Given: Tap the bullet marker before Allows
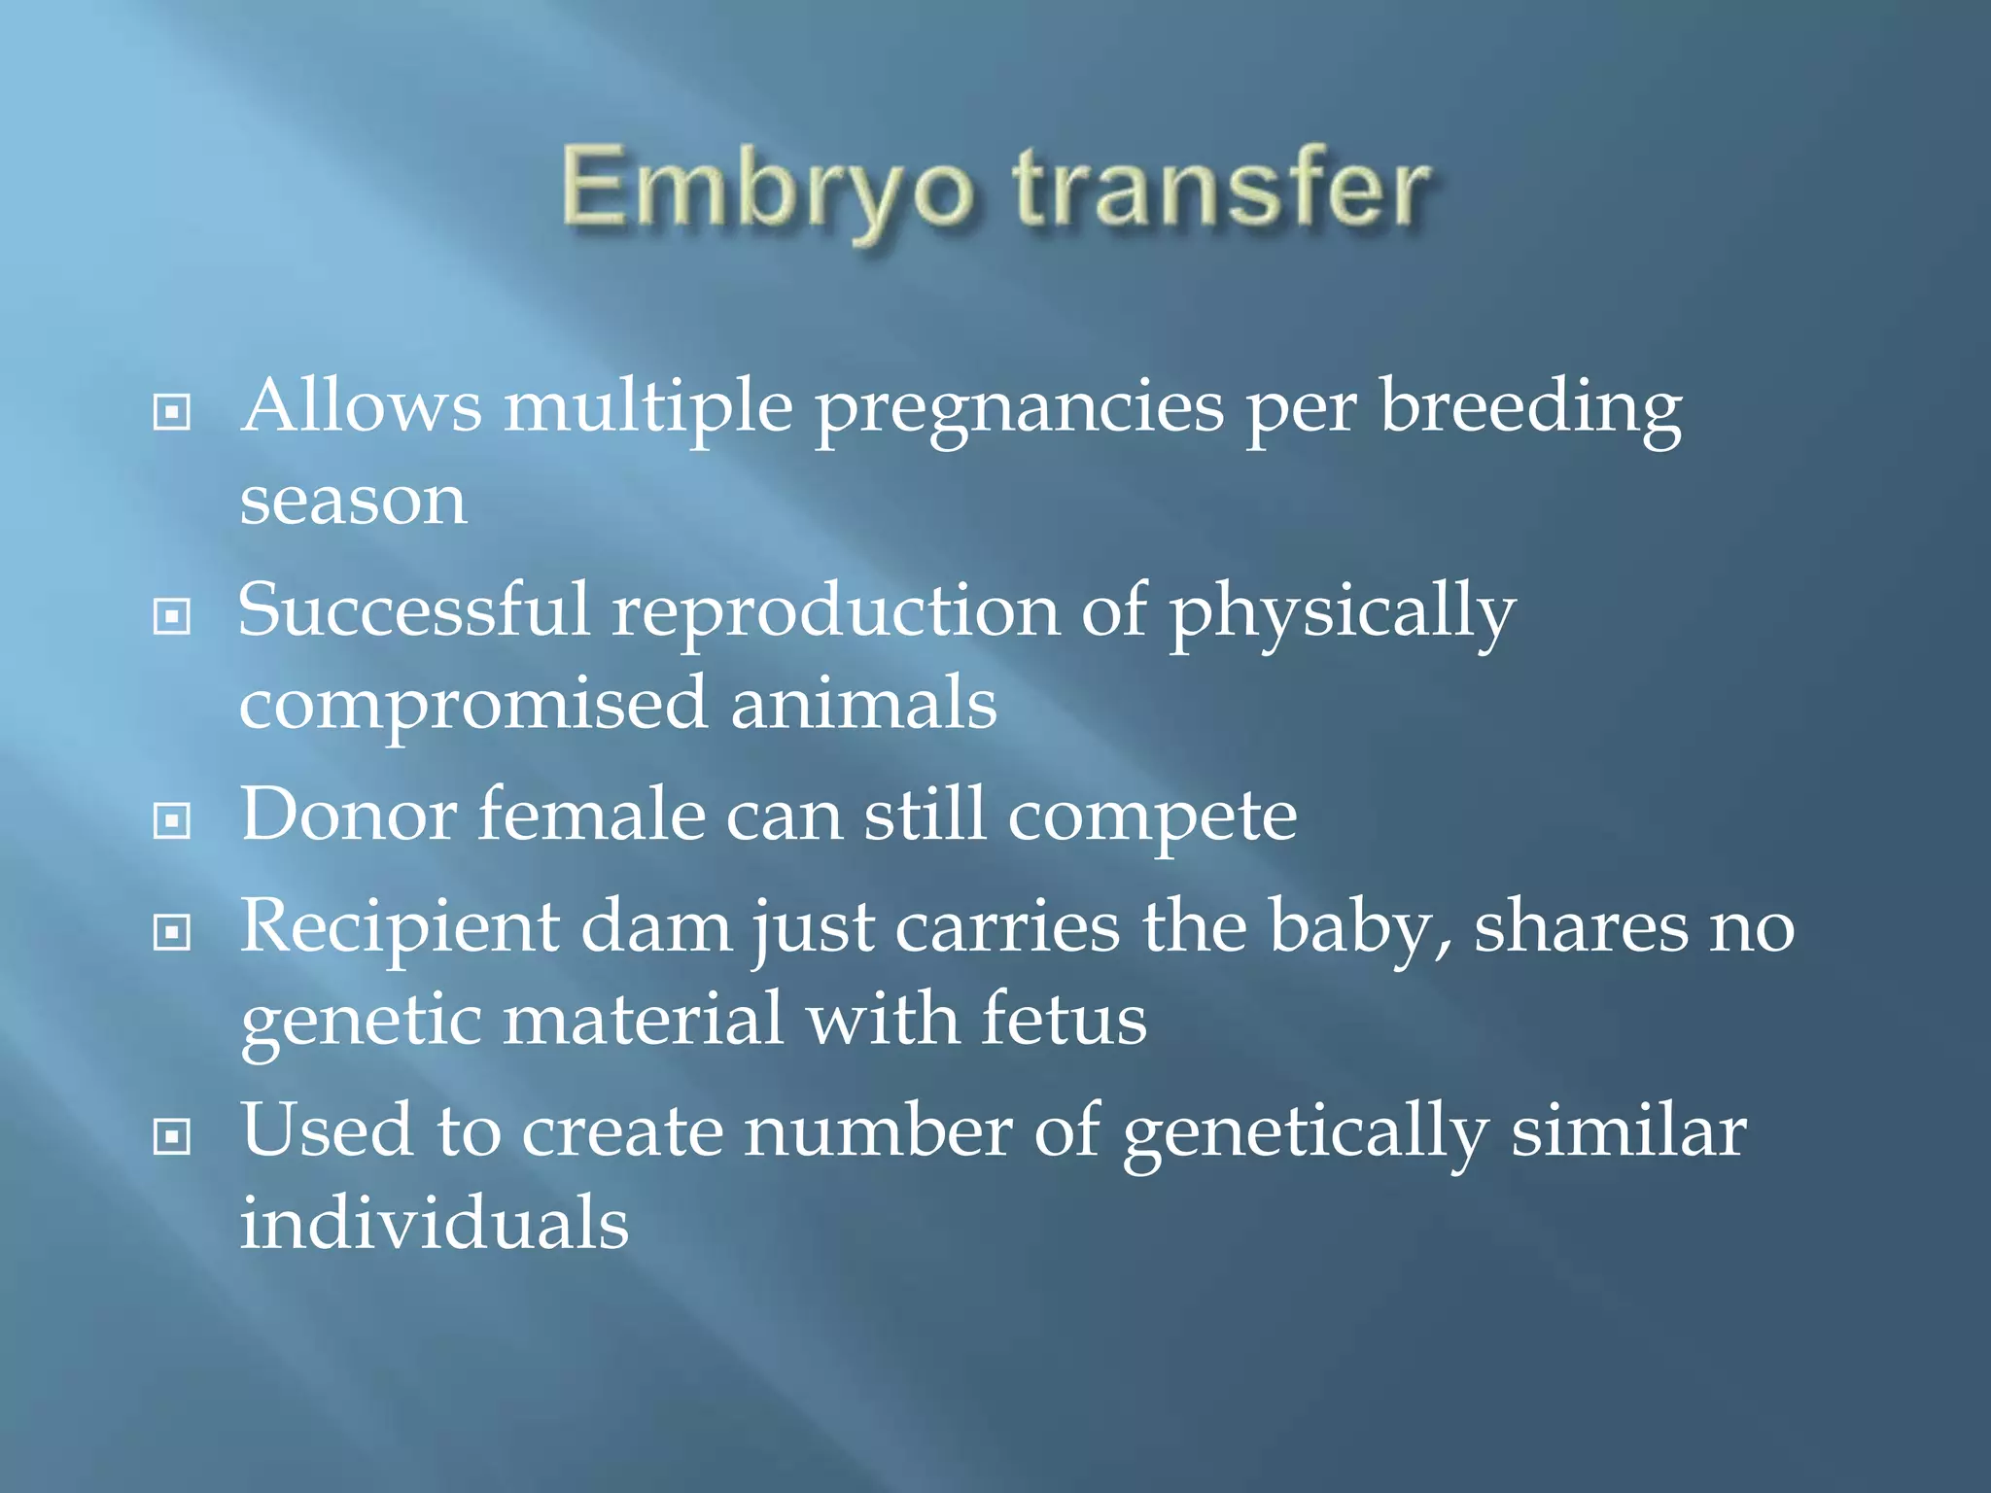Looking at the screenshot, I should (172, 412).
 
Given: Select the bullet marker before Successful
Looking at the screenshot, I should (172, 616).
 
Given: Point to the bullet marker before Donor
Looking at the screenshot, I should (172, 821).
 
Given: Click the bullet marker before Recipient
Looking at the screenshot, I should (172, 933).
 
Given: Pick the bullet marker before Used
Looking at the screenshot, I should (172, 1136).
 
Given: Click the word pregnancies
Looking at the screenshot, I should (1019, 408).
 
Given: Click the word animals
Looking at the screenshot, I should (863, 704).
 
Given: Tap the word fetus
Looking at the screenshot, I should (1064, 1021).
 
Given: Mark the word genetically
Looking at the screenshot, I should (1305, 1133).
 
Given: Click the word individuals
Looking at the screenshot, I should (435, 1224).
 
